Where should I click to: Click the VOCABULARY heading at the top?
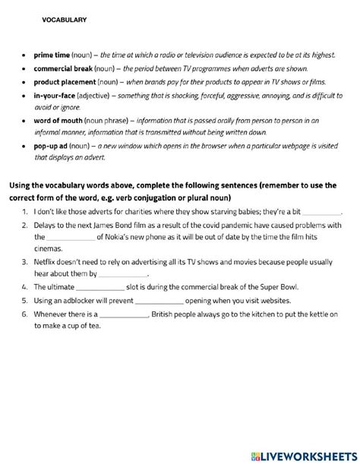(x=65, y=21)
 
